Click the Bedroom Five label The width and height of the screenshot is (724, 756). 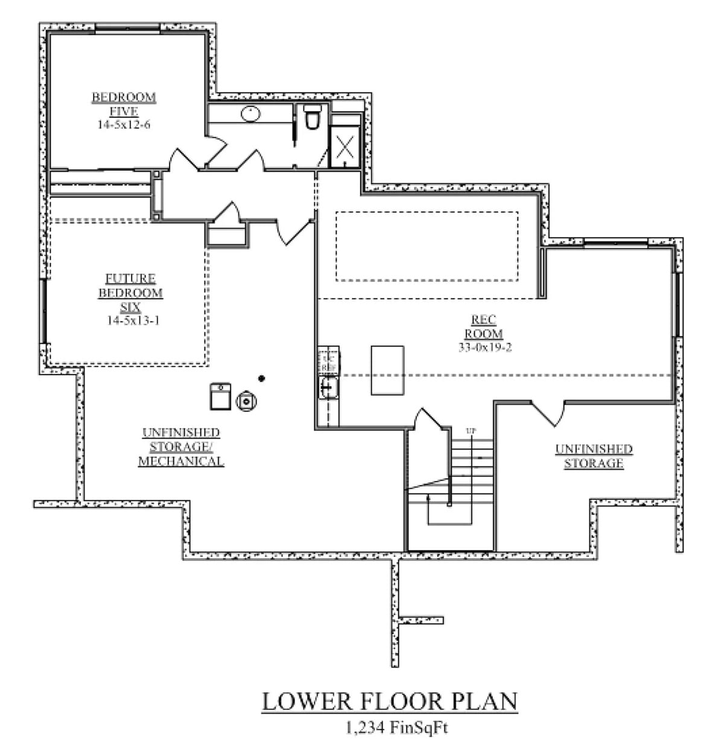point(124,104)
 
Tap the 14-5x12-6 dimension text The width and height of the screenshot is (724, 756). point(124,125)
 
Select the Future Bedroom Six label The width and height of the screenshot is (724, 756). point(131,293)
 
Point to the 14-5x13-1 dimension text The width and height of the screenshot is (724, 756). point(133,320)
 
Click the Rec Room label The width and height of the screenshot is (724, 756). point(483,326)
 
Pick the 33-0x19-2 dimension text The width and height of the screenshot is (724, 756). point(485,347)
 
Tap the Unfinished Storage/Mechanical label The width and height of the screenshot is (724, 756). point(181,447)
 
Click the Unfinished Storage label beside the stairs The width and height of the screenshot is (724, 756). point(594,456)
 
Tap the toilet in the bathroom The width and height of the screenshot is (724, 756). point(312,118)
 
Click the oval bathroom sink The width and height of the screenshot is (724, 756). point(250,113)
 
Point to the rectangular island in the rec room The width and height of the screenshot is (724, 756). point(387,370)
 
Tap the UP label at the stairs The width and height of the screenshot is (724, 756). point(471,431)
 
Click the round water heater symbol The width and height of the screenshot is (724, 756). point(247,400)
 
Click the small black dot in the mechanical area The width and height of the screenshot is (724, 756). point(261,378)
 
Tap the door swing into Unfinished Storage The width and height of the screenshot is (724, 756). point(549,413)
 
